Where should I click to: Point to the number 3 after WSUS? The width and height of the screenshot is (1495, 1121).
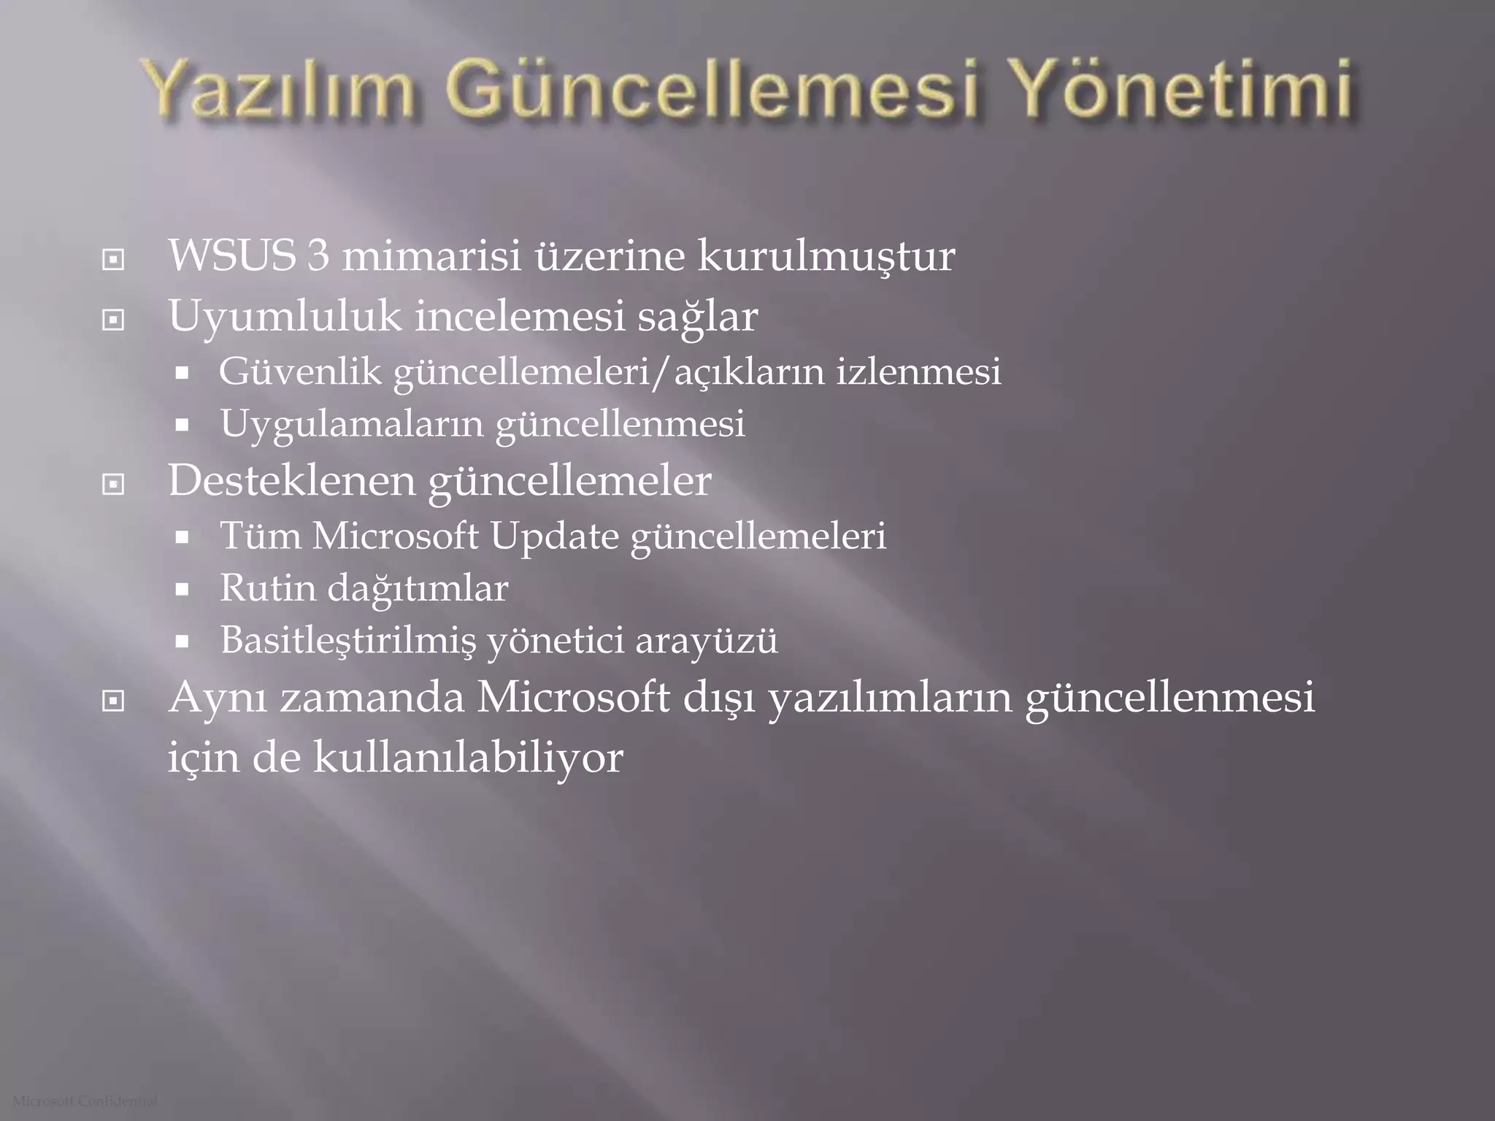tap(318, 256)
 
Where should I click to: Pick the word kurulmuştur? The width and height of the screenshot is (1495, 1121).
tap(826, 256)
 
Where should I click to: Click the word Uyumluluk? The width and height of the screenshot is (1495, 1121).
tap(285, 317)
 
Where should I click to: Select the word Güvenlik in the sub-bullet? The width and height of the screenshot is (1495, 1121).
tap(300, 371)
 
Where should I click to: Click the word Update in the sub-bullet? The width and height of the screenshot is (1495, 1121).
tap(554, 536)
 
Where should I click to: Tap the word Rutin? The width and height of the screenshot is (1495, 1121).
tap(267, 588)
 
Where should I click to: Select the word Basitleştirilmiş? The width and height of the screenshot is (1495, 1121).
tap(347, 641)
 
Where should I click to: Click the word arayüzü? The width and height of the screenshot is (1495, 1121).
tap(706, 641)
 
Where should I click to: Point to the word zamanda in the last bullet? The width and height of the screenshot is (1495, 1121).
tap(372, 697)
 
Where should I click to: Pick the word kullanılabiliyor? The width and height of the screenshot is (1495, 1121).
tap(468, 758)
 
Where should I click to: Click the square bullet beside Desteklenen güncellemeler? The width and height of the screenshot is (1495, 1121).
tap(113, 484)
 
